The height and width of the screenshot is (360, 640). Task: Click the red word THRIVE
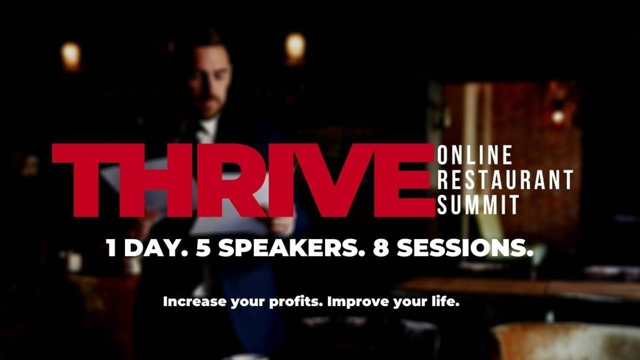[243, 180]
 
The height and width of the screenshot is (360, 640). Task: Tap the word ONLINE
[474, 155]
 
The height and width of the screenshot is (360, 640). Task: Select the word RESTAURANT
[505, 179]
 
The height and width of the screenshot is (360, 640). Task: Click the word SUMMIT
[478, 204]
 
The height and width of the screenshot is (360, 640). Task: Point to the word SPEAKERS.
[291, 248]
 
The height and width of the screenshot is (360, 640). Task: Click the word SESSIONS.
[465, 248]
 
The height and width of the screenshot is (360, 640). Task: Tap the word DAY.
[156, 248]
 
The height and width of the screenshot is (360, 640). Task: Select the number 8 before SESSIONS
[381, 248]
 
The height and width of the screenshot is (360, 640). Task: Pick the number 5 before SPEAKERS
[202, 248]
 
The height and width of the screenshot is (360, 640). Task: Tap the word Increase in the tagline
[194, 301]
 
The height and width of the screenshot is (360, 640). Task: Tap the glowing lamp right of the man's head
[295, 48]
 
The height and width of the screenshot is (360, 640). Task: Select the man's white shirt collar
[208, 129]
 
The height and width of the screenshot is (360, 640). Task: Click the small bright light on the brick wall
[557, 117]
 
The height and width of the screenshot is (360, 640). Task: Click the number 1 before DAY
[111, 248]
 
